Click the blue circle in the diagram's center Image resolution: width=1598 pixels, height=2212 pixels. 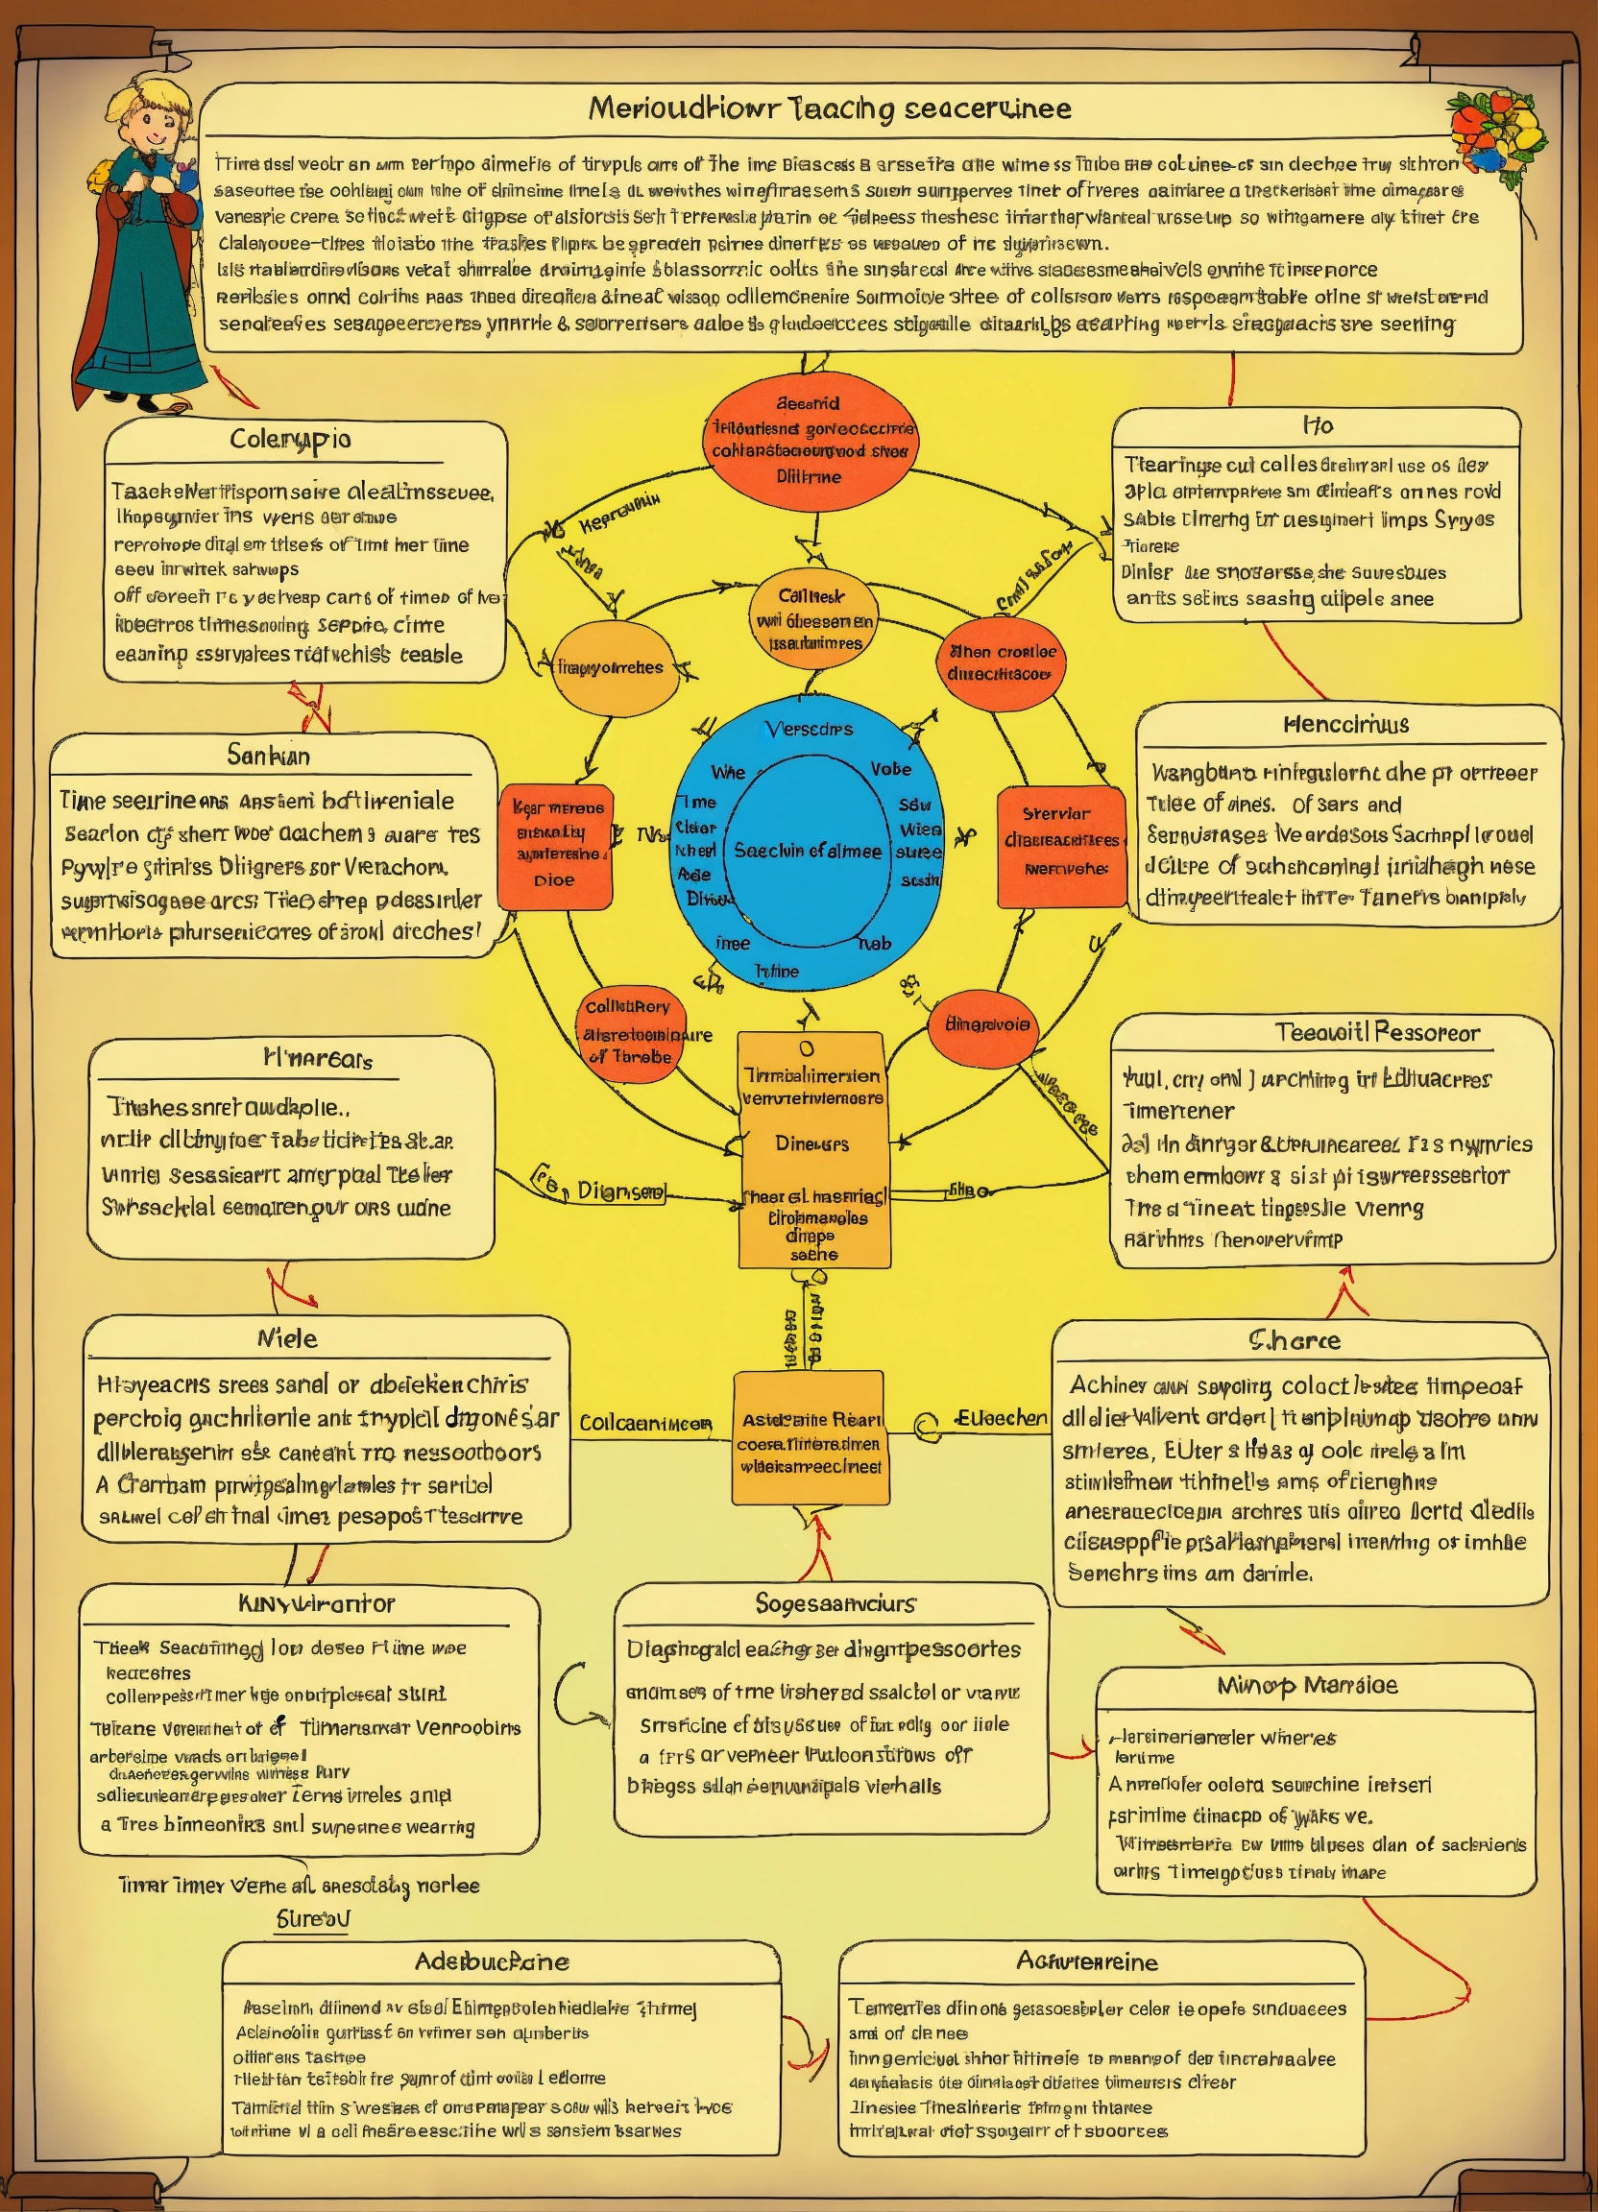click(x=808, y=845)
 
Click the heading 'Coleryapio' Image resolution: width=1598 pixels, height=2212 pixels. click(x=290, y=440)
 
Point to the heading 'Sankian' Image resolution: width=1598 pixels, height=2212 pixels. click(x=268, y=755)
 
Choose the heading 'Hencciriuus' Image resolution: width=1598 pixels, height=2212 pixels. click(x=1345, y=725)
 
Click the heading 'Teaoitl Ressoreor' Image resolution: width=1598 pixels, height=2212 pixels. click(x=1376, y=1032)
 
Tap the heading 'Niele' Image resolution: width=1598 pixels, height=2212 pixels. click(x=287, y=1338)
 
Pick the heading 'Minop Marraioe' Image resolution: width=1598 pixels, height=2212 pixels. click(x=1307, y=1684)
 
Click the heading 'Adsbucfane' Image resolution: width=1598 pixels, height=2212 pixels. click(x=492, y=1960)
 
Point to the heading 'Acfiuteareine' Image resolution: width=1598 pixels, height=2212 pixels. click(x=1087, y=1960)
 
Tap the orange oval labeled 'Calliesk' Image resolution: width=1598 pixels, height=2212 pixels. click(x=812, y=620)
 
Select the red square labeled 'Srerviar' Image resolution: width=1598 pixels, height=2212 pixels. click(x=1060, y=846)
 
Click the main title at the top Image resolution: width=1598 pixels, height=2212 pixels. click(x=829, y=108)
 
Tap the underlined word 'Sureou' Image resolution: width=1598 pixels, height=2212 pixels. click(x=312, y=1918)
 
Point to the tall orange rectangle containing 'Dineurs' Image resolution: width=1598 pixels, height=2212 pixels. click(x=812, y=1149)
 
